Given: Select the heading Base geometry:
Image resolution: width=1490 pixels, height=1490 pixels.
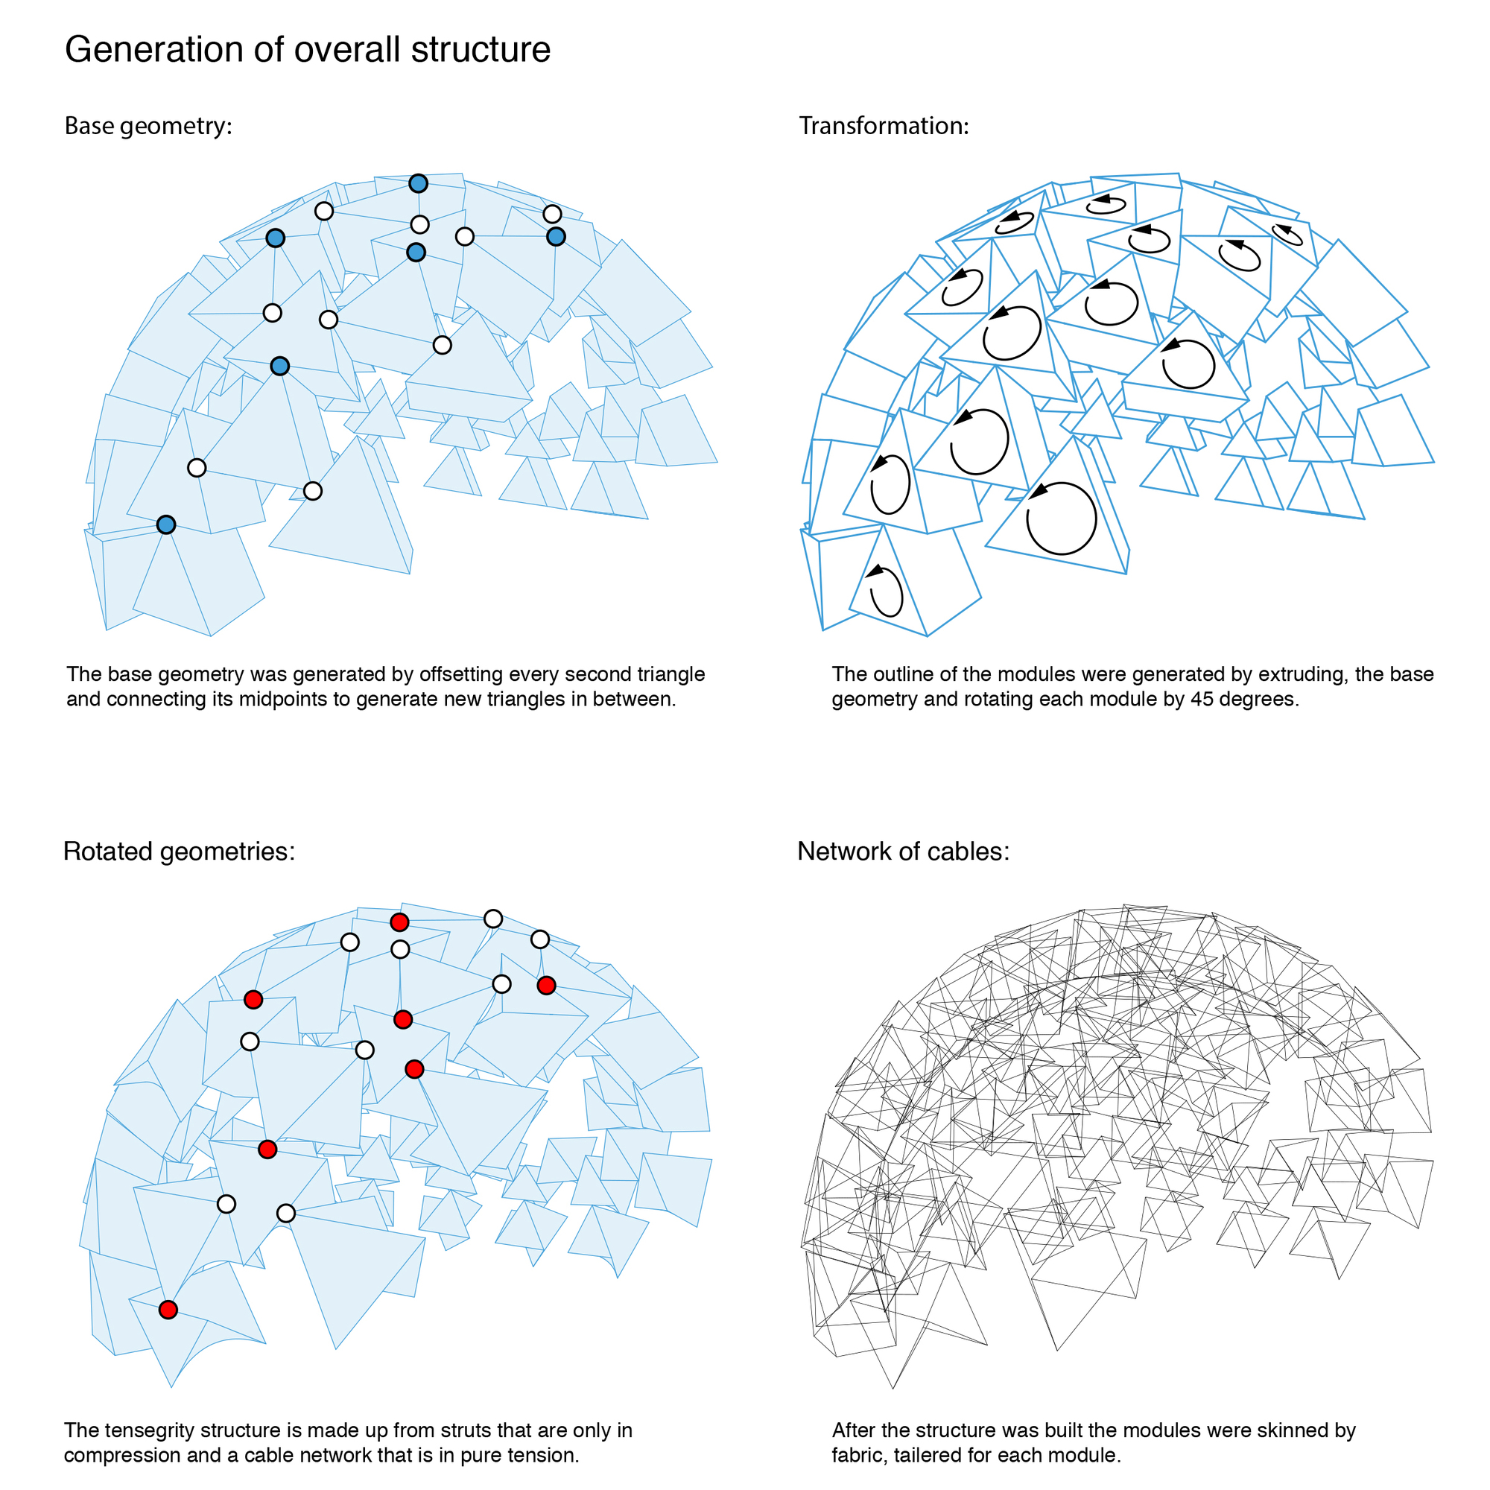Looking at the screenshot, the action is [x=148, y=126].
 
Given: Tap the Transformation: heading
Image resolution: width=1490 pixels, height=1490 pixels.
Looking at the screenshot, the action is [x=884, y=126].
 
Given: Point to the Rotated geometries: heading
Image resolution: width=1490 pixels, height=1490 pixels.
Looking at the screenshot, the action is [x=179, y=852].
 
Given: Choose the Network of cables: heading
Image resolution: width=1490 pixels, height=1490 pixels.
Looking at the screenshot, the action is [x=903, y=852].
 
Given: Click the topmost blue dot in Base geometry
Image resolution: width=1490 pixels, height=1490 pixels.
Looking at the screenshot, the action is [x=418, y=183].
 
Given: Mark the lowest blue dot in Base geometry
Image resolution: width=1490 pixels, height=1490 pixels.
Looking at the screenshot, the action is [x=166, y=525].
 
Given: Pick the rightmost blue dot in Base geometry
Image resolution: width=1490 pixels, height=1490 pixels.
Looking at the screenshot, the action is [x=556, y=237].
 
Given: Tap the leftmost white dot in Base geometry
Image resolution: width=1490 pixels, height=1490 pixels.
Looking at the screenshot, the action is [x=197, y=468].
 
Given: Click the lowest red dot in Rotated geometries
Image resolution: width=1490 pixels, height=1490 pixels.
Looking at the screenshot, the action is [x=168, y=1310].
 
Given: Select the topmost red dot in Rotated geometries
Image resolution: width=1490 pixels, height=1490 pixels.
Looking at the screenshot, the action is [x=399, y=922].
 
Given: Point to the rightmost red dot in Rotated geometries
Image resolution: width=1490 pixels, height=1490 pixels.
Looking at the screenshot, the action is [x=546, y=985].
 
